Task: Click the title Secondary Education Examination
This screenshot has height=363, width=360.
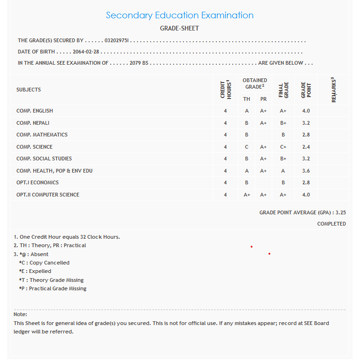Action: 180,15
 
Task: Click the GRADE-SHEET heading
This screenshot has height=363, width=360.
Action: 180,29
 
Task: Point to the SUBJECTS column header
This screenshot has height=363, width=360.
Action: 29,90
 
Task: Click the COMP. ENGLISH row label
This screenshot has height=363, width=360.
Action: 35,111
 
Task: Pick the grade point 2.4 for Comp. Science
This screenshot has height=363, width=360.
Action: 306,147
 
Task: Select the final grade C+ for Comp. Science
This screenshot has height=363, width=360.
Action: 283,147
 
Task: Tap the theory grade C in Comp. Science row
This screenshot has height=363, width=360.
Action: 246,147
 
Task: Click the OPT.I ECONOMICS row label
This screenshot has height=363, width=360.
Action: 38,182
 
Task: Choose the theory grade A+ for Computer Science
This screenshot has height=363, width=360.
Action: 247,195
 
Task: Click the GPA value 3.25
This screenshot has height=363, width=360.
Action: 341,212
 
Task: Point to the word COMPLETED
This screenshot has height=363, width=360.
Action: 331,224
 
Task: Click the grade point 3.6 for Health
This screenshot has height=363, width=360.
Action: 306,171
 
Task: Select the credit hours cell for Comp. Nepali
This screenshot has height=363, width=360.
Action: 225,123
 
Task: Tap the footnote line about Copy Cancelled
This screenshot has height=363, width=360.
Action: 44,263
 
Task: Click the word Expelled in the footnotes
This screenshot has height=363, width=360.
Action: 40,271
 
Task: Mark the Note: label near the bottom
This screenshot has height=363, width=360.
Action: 20,314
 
